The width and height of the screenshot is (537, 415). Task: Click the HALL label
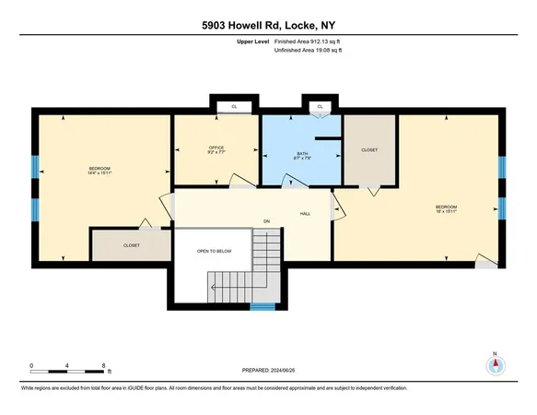(304, 213)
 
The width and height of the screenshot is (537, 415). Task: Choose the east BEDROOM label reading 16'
(447, 208)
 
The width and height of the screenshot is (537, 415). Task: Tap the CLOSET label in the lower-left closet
(132, 246)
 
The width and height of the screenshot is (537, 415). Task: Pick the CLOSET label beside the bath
(369, 149)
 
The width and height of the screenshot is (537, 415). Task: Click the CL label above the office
(234, 107)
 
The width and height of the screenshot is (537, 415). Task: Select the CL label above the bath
(321, 107)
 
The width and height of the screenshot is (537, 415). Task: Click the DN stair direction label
(266, 221)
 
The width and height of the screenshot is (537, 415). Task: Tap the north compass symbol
(495, 365)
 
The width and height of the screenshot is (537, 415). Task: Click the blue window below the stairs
(263, 307)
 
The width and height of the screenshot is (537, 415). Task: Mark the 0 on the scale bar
(31, 366)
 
